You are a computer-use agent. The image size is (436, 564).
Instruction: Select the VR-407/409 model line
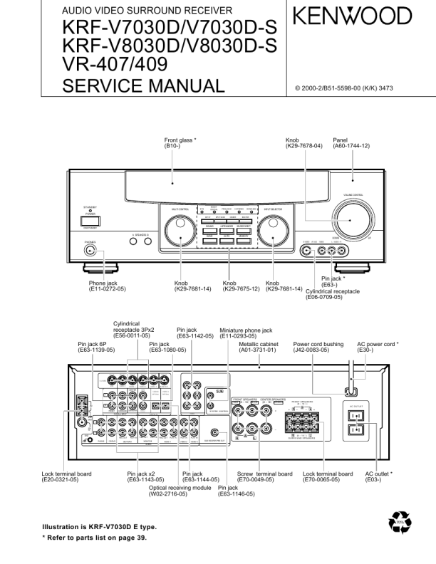[115, 66]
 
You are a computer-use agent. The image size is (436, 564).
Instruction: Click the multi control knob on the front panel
[176, 231]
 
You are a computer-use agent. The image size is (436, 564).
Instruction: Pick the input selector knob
[271, 231]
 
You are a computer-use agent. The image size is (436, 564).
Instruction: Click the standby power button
[91, 221]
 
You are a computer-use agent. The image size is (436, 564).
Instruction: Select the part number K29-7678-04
[304, 146]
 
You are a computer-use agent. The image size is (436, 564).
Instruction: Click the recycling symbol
[400, 525]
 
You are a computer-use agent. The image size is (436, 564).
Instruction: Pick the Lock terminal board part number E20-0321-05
[60, 480]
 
